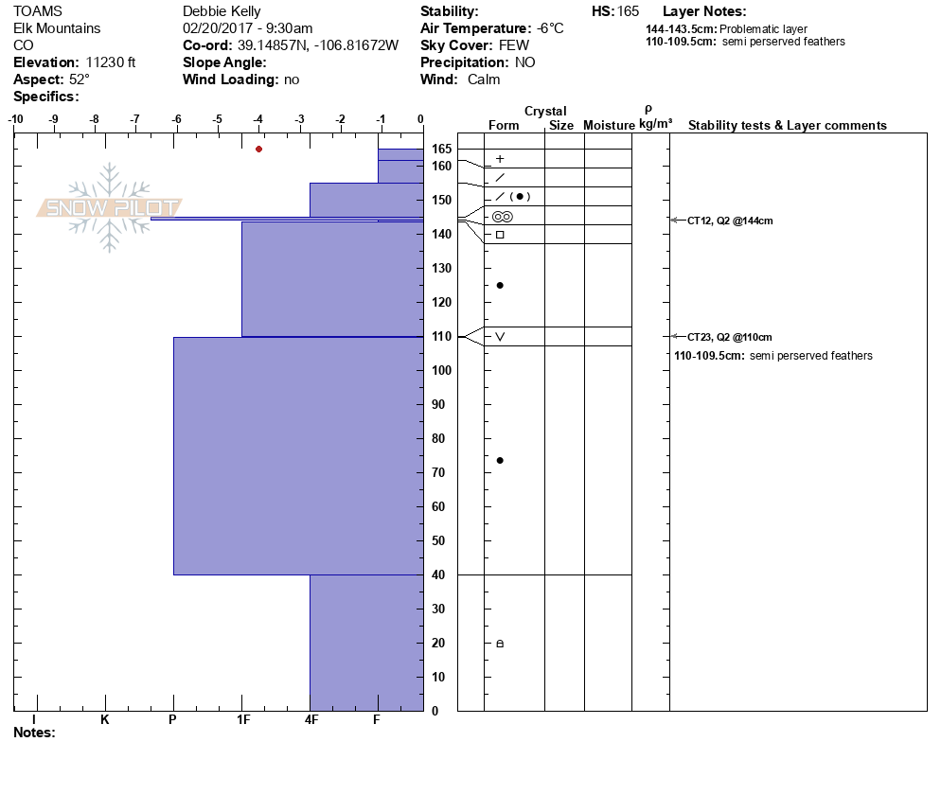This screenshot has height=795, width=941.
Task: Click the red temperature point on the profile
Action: point(258,149)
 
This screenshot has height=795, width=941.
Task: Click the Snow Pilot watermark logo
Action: point(110,208)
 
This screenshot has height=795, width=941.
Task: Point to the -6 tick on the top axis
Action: point(177,119)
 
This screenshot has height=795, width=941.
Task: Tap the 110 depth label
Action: point(441,336)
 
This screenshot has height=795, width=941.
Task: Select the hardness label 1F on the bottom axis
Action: point(243,720)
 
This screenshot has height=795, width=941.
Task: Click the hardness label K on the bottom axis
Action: point(105,720)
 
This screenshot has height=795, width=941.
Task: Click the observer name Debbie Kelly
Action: point(222,11)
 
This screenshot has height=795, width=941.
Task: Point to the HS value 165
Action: point(628,11)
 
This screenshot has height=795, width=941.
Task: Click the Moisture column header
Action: point(608,126)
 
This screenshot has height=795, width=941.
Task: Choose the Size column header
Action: point(561,126)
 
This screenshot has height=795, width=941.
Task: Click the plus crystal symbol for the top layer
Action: point(500,159)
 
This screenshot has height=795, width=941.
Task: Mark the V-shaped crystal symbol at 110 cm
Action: point(500,336)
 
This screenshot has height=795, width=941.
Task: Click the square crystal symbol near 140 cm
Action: point(500,234)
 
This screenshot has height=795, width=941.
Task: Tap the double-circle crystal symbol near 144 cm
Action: point(502,217)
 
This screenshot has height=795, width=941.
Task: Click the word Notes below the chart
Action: point(34,733)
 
